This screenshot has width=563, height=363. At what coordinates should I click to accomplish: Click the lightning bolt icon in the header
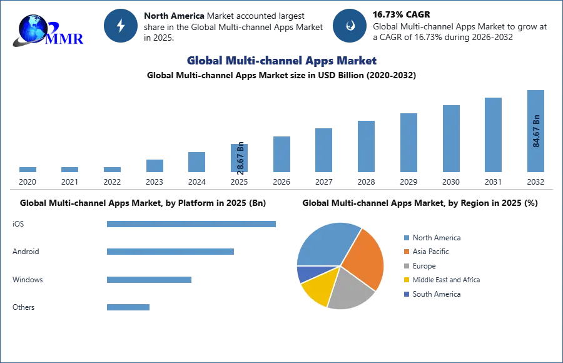click(121, 26)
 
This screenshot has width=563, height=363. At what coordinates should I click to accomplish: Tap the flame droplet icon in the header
click(350, 26)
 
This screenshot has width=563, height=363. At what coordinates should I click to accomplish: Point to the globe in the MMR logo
click(31, 28)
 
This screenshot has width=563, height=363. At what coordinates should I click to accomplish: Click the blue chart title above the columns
click(281, 61)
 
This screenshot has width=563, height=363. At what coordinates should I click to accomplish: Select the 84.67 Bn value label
click(536, 131)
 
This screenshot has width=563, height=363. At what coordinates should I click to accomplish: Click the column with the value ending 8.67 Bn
click(240, 158)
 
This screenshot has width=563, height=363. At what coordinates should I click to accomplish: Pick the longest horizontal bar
click(192, 225)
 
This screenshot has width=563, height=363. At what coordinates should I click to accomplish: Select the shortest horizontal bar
click(128, 305)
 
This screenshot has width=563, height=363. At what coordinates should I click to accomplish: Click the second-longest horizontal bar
click(170, 250)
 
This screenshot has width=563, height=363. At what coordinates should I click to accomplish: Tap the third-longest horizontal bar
click(150, 280)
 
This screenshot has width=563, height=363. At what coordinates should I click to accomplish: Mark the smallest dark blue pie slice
click(305, 274)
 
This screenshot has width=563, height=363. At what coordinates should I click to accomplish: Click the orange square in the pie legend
click(406, 251)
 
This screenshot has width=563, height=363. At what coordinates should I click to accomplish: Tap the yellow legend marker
click(406, 280)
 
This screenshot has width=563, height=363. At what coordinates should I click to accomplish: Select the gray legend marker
click(406, 265)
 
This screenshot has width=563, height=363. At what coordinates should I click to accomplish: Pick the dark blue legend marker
click(406, 294)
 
